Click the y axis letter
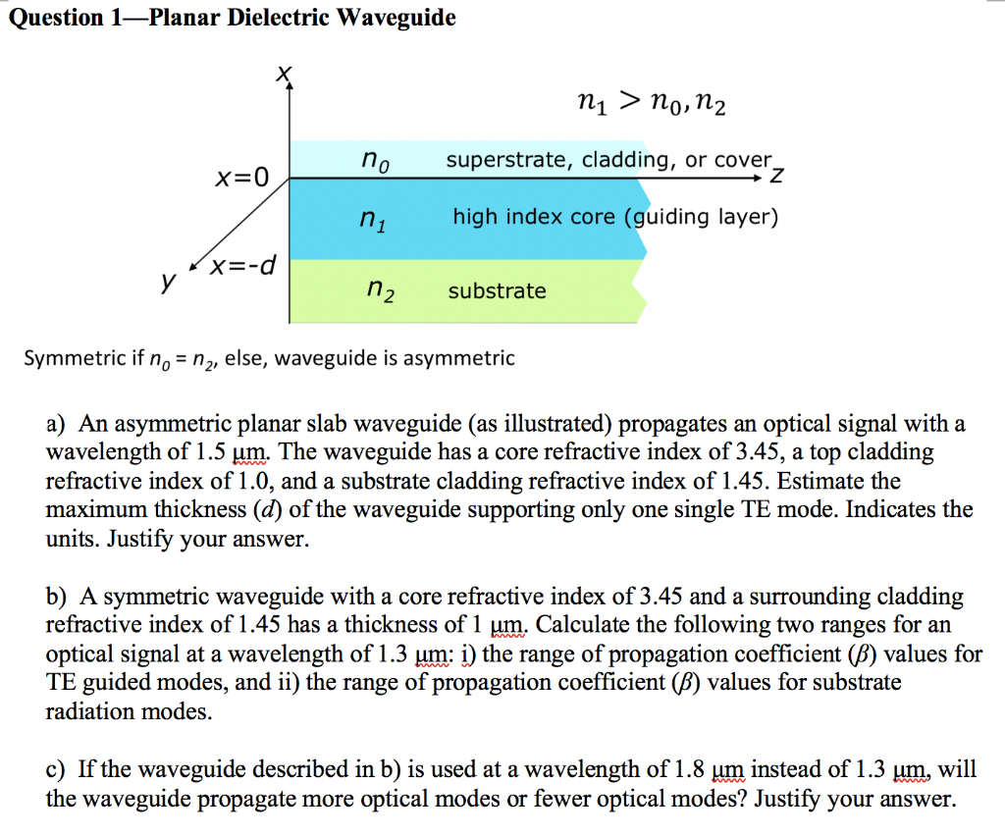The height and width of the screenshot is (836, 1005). point(169,282)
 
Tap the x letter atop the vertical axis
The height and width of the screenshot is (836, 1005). point(284,73)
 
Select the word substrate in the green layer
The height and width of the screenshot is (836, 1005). point(497,290)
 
